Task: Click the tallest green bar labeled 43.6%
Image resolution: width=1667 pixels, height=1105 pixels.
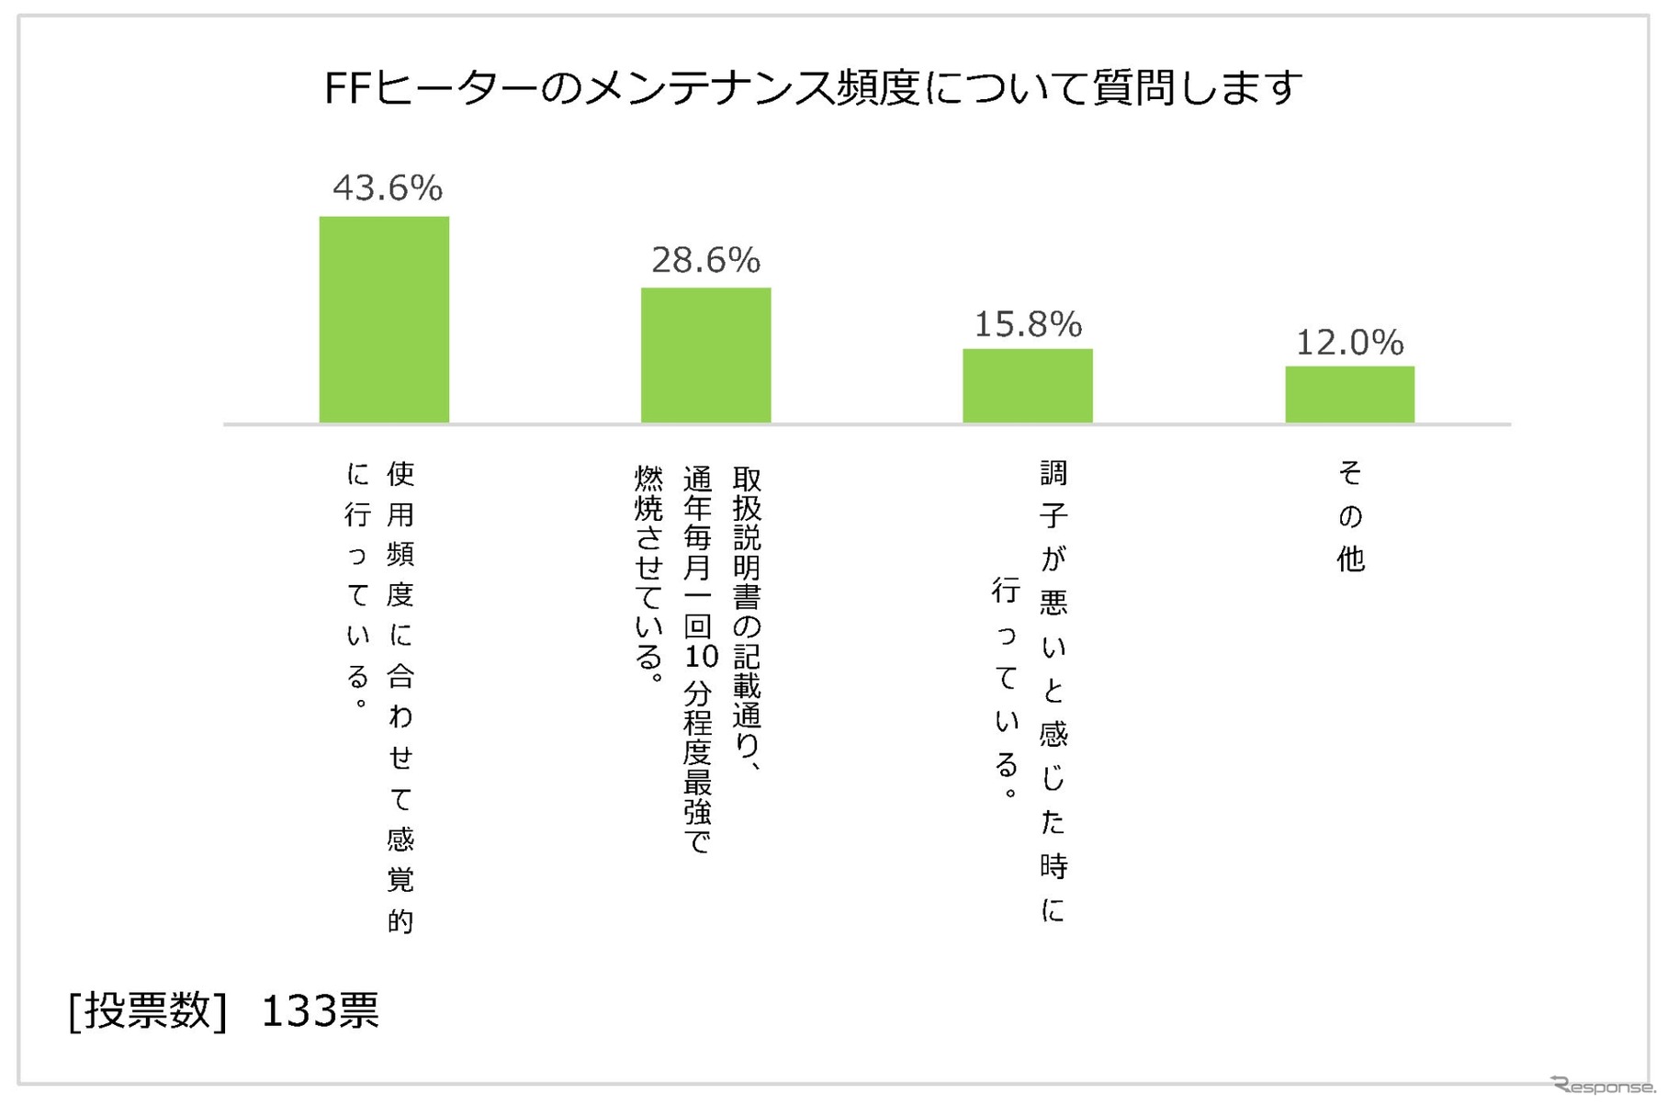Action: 384,320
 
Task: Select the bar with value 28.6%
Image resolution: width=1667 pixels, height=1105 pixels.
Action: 705,355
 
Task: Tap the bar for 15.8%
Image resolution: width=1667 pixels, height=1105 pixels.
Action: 1027,386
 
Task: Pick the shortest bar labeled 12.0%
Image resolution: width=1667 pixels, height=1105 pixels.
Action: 1349,395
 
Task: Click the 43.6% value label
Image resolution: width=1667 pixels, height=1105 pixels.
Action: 387,188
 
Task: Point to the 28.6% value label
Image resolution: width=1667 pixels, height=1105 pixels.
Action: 705,261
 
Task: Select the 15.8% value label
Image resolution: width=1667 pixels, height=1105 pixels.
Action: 1027,324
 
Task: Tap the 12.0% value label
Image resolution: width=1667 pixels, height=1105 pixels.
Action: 1349,343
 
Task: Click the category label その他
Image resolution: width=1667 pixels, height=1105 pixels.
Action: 1349,516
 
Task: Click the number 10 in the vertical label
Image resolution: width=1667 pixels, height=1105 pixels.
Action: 700,656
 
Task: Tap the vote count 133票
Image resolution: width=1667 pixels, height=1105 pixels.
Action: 320,1011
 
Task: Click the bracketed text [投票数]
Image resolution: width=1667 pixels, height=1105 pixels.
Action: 147,1011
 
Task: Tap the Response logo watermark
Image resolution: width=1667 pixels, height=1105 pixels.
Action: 1603,1085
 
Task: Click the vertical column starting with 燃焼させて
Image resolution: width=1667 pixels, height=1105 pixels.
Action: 648,574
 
